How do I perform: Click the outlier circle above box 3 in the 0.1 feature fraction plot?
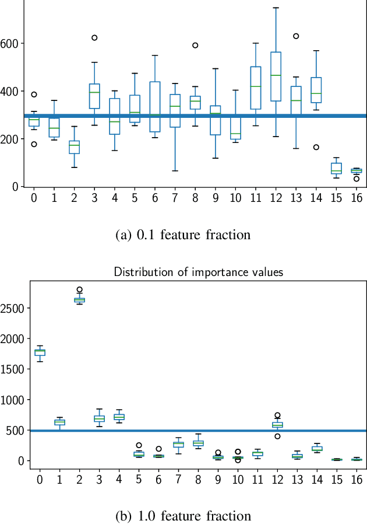pyautogui.click(x=94, y=38)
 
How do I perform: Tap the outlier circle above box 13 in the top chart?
pyautogui.click(x=296, y=36)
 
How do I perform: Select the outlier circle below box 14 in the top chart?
pyautogui.click(x=316, y=147)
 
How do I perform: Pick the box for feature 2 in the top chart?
pyautogui.click(x=74, y=147)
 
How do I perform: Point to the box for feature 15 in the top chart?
pyautogui.click(x=336, y=169)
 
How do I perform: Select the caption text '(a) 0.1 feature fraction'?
pyautogui.click(x=183, y=235)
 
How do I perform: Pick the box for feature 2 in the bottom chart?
pyautogui.click(x=79, y=300)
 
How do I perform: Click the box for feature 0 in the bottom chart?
pyautogui.click(x=40, y=352)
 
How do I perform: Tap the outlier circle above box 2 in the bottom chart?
pyautogui.click(x=79, y=289)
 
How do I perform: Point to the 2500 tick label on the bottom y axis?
pyautogui.click(x=12, y=308)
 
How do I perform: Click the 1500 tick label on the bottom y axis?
pyautogui.click(x=12, y=369)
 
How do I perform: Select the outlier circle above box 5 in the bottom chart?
pyautogui.click(x=139, y=445)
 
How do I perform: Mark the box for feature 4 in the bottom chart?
pyautogui.click(x=119, y=417)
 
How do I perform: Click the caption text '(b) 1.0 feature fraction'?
pyautogui.click(x=183, y=516)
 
